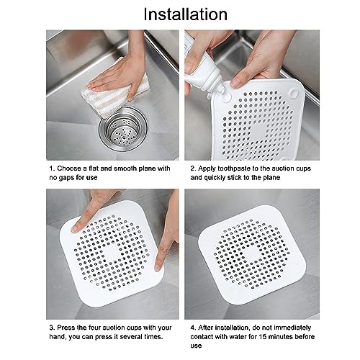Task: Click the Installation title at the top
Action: pos(185,14)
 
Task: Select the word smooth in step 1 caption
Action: pos(126,168)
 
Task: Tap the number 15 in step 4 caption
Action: pos(263,336)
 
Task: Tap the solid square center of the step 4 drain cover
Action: pos(251,254)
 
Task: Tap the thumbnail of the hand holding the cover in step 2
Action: pos(236,84)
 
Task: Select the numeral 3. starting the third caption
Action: pos(52,328)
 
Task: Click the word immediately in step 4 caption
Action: pos(292,328)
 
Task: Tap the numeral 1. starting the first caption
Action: pos(52,168)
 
